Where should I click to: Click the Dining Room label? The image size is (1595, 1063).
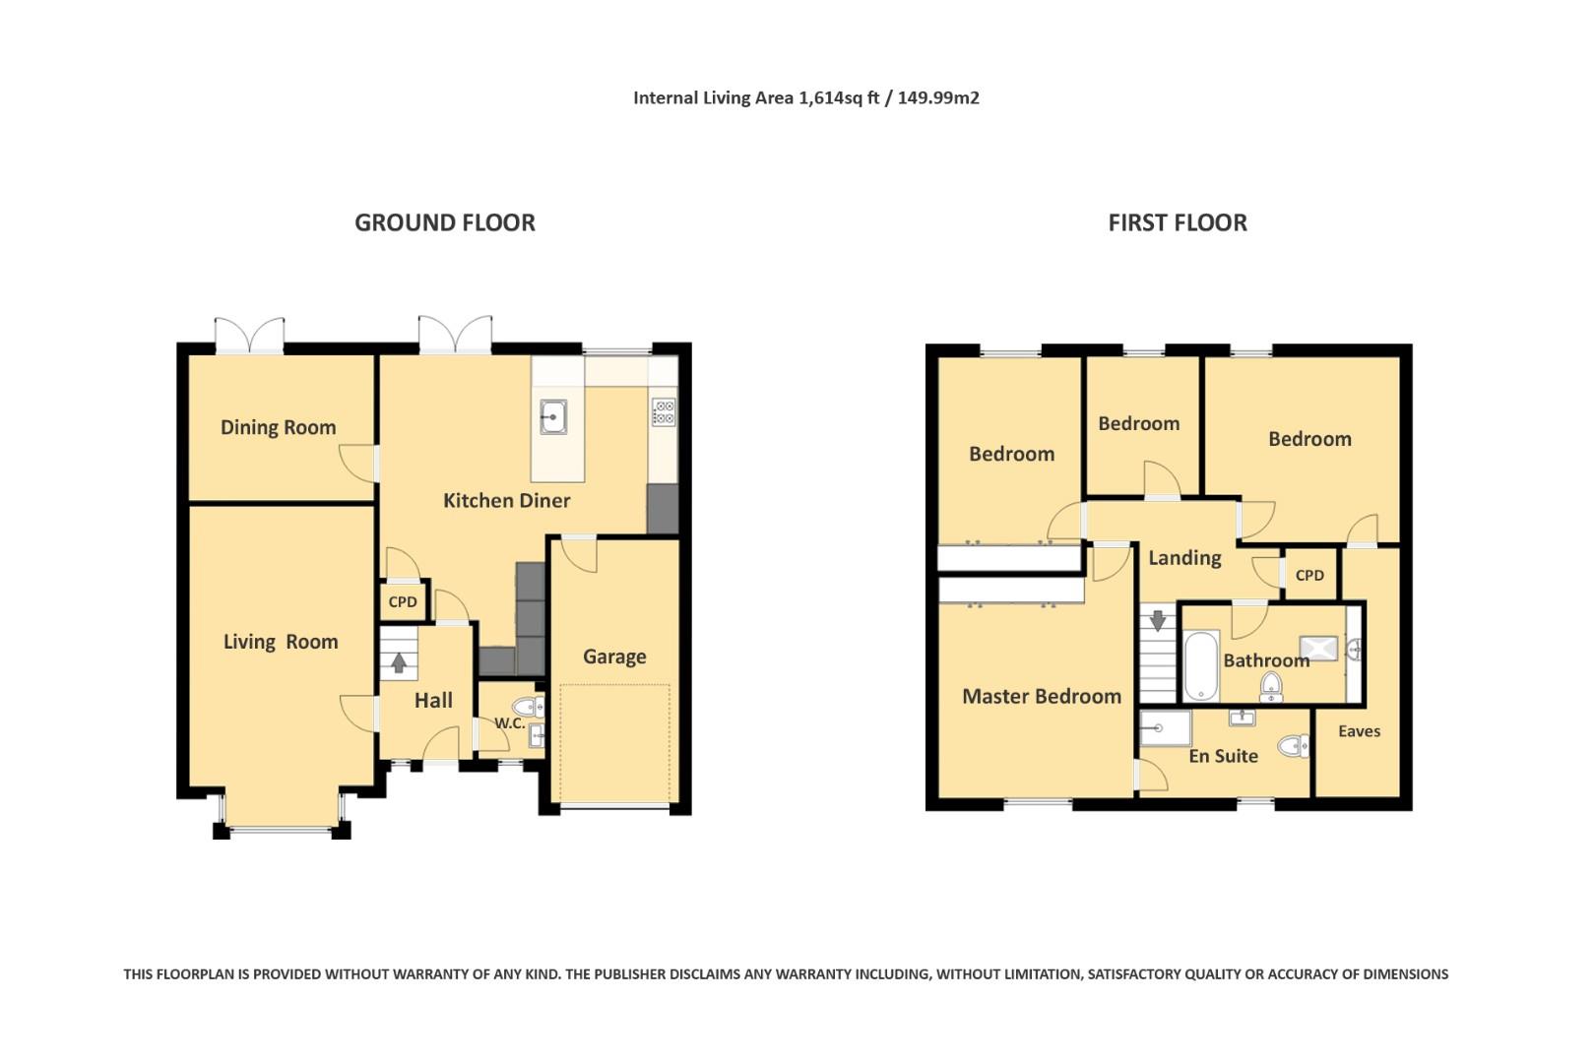coord(278,427)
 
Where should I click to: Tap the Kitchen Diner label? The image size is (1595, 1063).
coord(506,501)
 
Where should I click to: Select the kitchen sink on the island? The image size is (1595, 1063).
coord(553,416)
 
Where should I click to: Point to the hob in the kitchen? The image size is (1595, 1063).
coord(664,412)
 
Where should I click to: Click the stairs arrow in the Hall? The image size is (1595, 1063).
coord(399,662)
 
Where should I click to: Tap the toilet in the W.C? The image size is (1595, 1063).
coord(528,707)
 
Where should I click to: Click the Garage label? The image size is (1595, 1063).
coord(614,657)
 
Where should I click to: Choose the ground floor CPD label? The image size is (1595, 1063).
coord(403,601)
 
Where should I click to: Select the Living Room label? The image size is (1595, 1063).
coord(281,642)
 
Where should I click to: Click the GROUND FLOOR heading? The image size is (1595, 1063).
coord(445,222)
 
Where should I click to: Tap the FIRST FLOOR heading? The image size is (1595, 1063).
coord(1178,222)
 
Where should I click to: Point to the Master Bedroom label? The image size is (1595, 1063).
coord(1042,696)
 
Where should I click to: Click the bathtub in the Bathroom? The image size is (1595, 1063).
coord(1201,665)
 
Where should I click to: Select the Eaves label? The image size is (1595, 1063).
coord(1360,731)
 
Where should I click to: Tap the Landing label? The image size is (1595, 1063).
coord(1184,558)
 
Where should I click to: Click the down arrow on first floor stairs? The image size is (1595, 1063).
coord(1158,621)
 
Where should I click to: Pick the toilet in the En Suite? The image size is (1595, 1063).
coord(1293,746)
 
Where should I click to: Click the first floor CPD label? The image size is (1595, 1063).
coord(1309,575)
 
